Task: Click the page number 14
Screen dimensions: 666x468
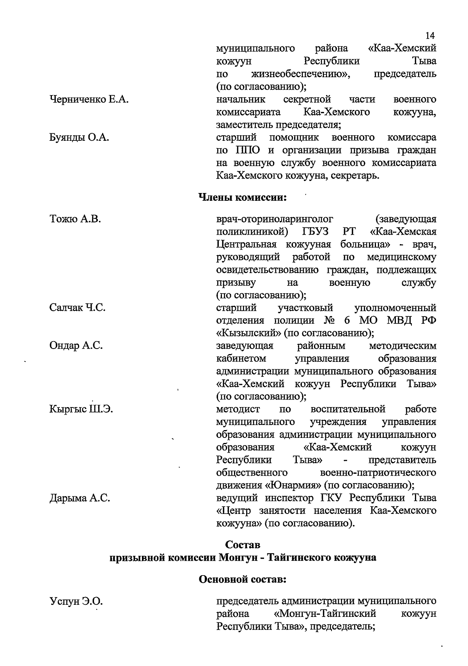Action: click(x=429, y=36)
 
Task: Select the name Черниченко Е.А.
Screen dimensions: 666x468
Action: click(x=89, y=100)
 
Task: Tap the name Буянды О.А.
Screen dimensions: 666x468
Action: click(x=79, y=138)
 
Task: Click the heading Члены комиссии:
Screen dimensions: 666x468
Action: click(x=243, y=198)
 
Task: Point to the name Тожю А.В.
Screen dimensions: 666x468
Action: click(x=75, y=219)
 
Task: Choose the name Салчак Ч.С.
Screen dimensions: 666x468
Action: click(x=78, y=308)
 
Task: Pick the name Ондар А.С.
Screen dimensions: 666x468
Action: click(x=76, y=346)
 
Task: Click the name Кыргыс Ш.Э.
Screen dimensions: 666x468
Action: click(x=81, y=409)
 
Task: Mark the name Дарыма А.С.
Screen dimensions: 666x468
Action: click(x=80, y=498)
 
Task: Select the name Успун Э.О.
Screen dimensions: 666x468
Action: click(x=76, y=602)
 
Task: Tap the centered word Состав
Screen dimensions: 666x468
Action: click(x=243, y=545)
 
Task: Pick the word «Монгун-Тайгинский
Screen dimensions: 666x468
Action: click(x=325, y=614)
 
